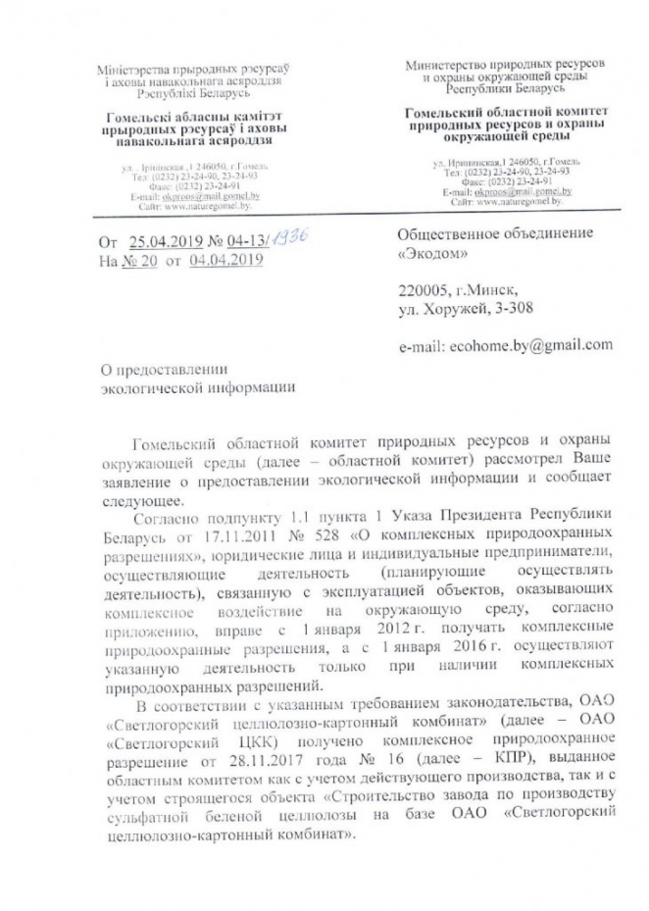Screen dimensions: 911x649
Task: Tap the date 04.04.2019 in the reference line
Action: (x=227, y=260)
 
